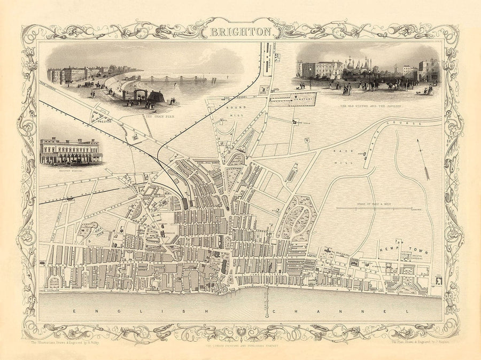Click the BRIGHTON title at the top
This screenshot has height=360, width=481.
click(240, 32)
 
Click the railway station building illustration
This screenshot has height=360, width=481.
click(71, 151)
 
